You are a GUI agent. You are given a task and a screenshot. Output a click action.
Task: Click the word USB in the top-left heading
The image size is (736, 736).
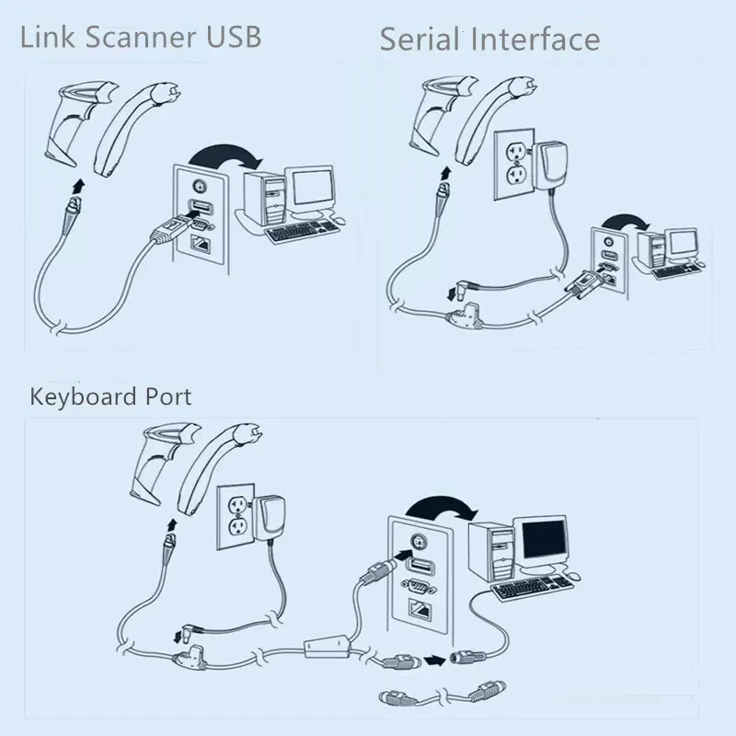[230, 36]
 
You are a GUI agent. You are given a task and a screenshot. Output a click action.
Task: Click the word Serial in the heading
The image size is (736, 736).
[419, 40]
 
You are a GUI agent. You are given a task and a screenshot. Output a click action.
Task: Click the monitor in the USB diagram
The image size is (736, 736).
[310, 190]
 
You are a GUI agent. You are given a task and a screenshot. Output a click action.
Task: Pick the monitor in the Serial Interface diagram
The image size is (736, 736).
[683, 244]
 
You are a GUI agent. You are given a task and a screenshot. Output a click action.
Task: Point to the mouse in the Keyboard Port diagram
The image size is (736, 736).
[572, 576]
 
